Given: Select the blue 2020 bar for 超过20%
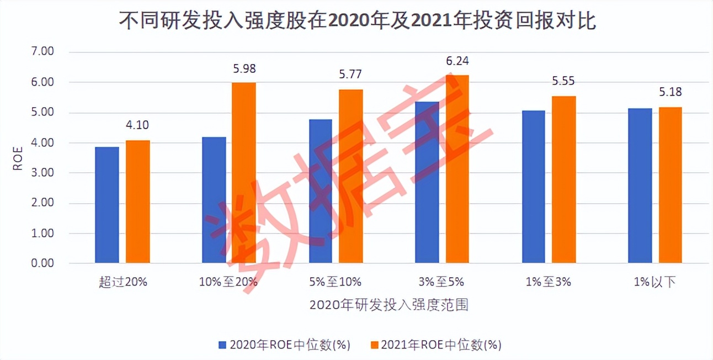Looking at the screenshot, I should coord(107,205).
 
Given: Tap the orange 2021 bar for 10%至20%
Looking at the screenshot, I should coord(244,173).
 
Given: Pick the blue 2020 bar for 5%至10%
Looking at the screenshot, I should coord(321,191).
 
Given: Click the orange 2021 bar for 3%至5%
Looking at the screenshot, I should coord(457,169).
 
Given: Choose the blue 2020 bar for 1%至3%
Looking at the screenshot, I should coord(533,187).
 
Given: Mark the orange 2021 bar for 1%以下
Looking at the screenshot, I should coord(670,185).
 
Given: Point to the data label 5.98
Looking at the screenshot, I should coord(244,69).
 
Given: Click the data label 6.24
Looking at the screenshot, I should coord(457,61).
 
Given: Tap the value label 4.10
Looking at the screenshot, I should coord(137,125).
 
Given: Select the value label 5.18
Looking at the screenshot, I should coord(671,92).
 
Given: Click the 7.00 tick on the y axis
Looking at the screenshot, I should coord(42,52).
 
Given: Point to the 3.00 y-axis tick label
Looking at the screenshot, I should coord(42,173).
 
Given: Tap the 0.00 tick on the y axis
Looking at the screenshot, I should coord(42,263).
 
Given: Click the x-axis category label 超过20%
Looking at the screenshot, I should coord(123,282).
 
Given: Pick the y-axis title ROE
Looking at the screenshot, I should coord(18,158).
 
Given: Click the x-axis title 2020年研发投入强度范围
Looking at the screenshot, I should coord(389,305).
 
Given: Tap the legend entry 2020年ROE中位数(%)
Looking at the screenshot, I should coord(284,345).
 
